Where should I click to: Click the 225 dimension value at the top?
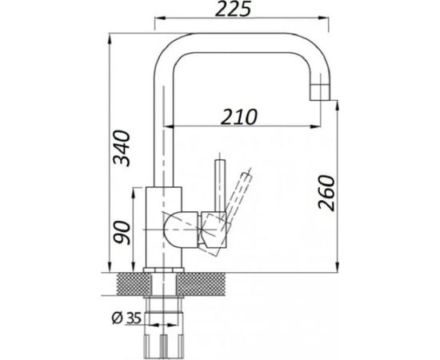(233, 10)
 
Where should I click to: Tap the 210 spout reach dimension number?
(238, 117)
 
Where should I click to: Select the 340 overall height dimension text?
(122, 148)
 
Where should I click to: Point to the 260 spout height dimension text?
(326, 193)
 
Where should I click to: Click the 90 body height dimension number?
(122, 232)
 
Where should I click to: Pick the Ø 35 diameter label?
(126, 318)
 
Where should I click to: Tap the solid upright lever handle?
(220, 185)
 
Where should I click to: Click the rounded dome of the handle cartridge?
(181, 230)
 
